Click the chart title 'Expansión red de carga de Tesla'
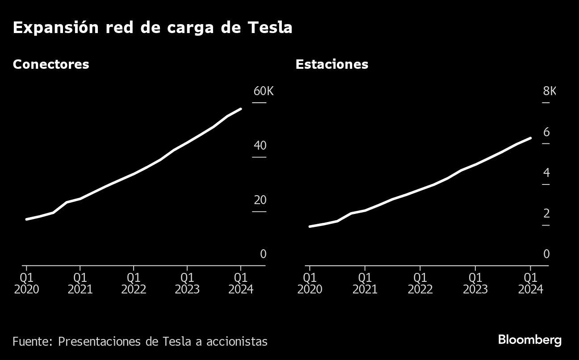pyautogui.click(x=152, y=28)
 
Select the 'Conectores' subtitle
pyautogui.click(x=51, y=64)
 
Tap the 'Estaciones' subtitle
pyautogui.click(x=331, y=64)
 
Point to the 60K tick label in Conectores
pyautogui.click(x=263, y=92)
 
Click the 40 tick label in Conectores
pyautogui.click(x=260, y=146)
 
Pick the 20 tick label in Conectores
pyautogui.click(x=260, y=200)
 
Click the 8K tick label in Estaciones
pyautogui.click(x=550, y=92)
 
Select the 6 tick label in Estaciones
pyautogui.click(x=546, y=132)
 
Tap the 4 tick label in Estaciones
pyautogui.click(x=546, y=173)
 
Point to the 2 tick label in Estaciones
pyautogui.click(x=546, y=213)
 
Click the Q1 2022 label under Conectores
pyautogui.click(x=134, y=284)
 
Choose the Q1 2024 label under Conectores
pyautogui.click(x=241, y=284)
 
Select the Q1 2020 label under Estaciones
pyautogui.click(x=310, y=284)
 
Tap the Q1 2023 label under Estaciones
pyautogui.click(x=475, y=284)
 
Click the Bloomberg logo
pyautogui.click(x=529, y=340)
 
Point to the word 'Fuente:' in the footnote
pyautogui.click(x=33, y=342)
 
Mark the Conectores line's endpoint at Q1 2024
pyautogui.click(x=241, y=109)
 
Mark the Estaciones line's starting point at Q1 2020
pyautogui.click(x=310, y=226)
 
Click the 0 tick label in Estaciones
pyautogui.click(x=546, y=254)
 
